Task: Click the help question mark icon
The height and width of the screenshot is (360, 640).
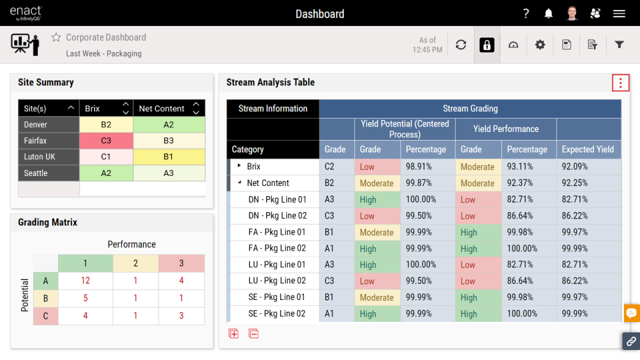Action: point(526,13)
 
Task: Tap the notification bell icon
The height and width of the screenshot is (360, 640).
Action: point(549,13)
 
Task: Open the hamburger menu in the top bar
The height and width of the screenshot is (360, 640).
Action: point(619,13)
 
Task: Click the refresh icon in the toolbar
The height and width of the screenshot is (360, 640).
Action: point(461,45)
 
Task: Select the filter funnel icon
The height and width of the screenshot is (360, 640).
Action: point(619,45)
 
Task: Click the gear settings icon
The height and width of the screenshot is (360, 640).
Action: point(540,45)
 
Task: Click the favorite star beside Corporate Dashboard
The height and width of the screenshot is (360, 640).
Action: point(56,37)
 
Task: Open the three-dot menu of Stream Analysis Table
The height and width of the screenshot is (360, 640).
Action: point(620,83)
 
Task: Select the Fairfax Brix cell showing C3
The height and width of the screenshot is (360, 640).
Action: point(106,141)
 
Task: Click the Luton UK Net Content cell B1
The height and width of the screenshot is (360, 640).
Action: point(168,157)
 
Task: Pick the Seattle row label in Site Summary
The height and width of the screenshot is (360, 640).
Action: point(36,173)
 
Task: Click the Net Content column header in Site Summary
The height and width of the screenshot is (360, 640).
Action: point(161,109)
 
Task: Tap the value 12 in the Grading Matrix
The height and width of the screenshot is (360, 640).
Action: point(85,281)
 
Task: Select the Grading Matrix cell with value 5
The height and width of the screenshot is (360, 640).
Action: point(85,298)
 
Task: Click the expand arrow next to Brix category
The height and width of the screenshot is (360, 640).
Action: point(239,166)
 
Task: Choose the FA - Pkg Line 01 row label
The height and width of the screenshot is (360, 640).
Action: point(277,232)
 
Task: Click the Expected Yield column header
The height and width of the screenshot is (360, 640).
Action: point(587,149)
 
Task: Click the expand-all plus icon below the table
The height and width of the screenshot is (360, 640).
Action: point(233,333)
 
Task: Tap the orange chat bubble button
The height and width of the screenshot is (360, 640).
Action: point(631,313)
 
